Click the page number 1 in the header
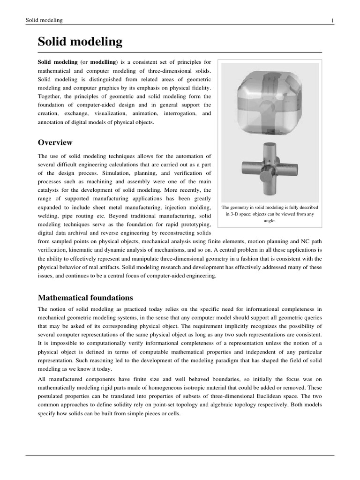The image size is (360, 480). pyautogui.click(x=332, y=20)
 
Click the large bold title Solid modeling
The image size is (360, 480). pyautogui.click(x=80, y=42)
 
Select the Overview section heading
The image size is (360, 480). pyautogui.click(x=55, y=142)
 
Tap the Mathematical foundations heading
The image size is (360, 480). pyautogui.click(x=85, y=298)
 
